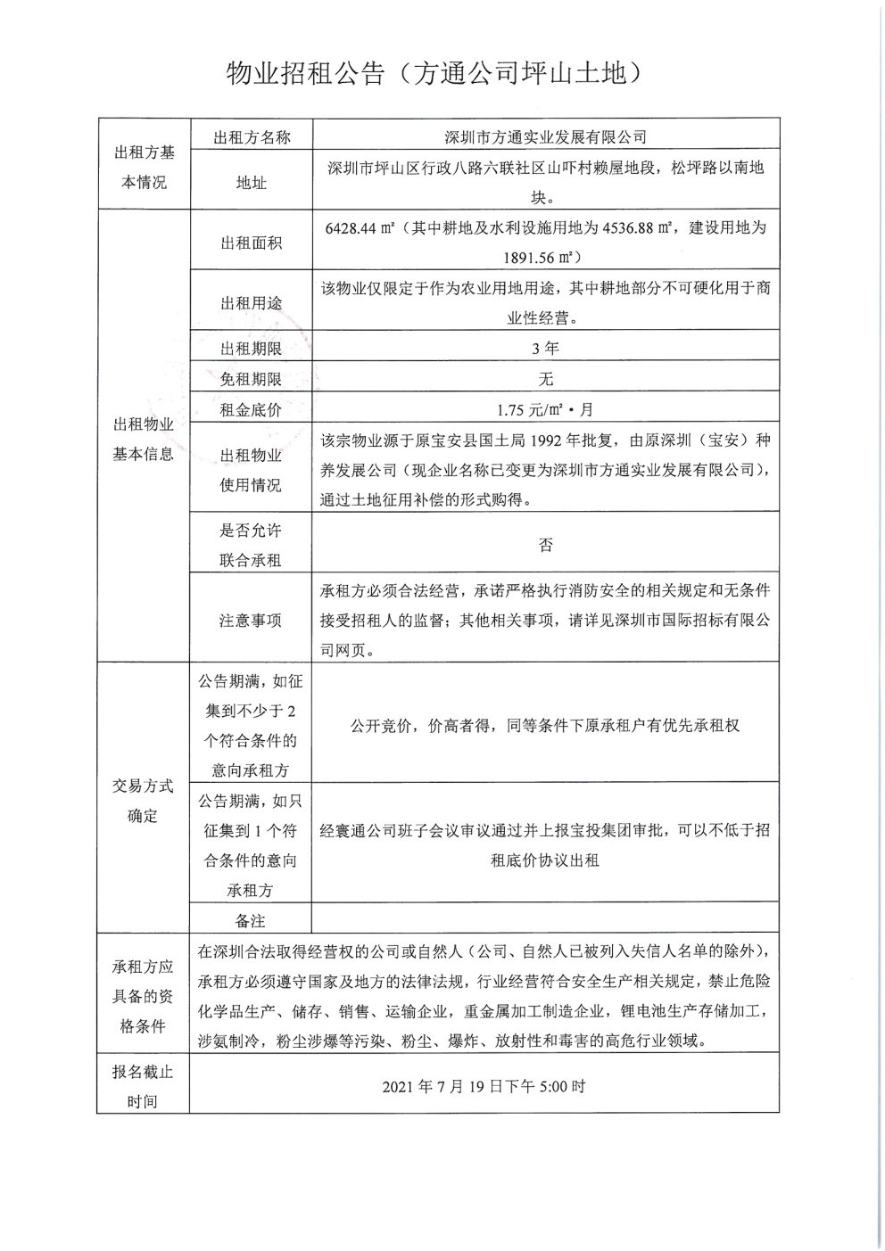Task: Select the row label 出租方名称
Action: (x=251, y=137)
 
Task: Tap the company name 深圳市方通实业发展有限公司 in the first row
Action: (x=545, y=137)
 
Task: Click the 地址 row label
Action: (x=251, y=183)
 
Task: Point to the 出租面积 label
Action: (x=251, y=243)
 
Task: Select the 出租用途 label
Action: (x=251, y=303)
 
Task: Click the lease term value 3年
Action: (x=545, y=349)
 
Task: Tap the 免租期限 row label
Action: (x=251, y=379)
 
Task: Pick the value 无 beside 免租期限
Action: (x=545, y=379)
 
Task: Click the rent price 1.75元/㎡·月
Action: (x=545, y=410)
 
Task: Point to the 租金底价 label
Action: (x=251, y=410)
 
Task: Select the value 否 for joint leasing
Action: (x=545, y=545)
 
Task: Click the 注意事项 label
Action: (x=251, y=621)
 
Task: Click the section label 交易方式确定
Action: (x=143, y=801)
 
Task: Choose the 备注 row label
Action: (x=251, y=920)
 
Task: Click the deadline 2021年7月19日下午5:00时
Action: (x=484, y=1087)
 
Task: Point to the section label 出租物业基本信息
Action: (x=143, y=440)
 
